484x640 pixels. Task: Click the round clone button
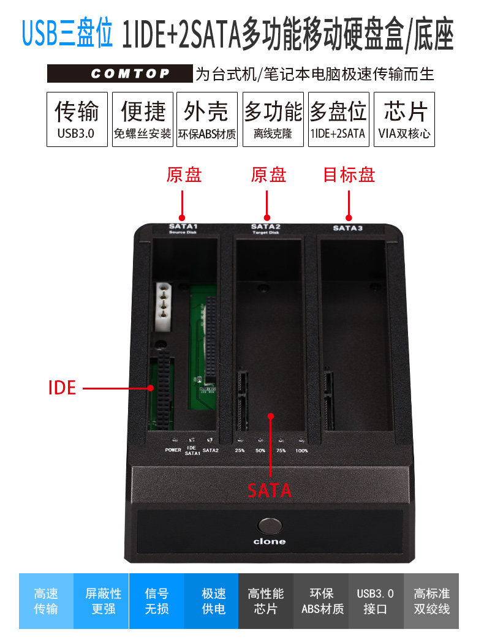270,527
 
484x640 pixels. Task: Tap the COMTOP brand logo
121,74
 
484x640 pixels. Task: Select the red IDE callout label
62,388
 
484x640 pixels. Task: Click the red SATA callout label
270,490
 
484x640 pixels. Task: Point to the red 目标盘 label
349,175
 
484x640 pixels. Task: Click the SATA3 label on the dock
347,228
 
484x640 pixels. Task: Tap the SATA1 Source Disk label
183,228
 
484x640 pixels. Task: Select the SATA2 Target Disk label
265,228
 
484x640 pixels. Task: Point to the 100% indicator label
301,451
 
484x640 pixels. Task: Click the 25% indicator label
240,451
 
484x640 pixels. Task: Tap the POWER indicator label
173,450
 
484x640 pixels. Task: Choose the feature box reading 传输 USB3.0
77,119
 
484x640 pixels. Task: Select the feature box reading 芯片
404,119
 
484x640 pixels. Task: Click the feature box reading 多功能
273,119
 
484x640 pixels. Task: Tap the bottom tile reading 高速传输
46,601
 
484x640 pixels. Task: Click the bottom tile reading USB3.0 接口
376,601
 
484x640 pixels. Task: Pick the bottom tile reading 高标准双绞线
431,601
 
